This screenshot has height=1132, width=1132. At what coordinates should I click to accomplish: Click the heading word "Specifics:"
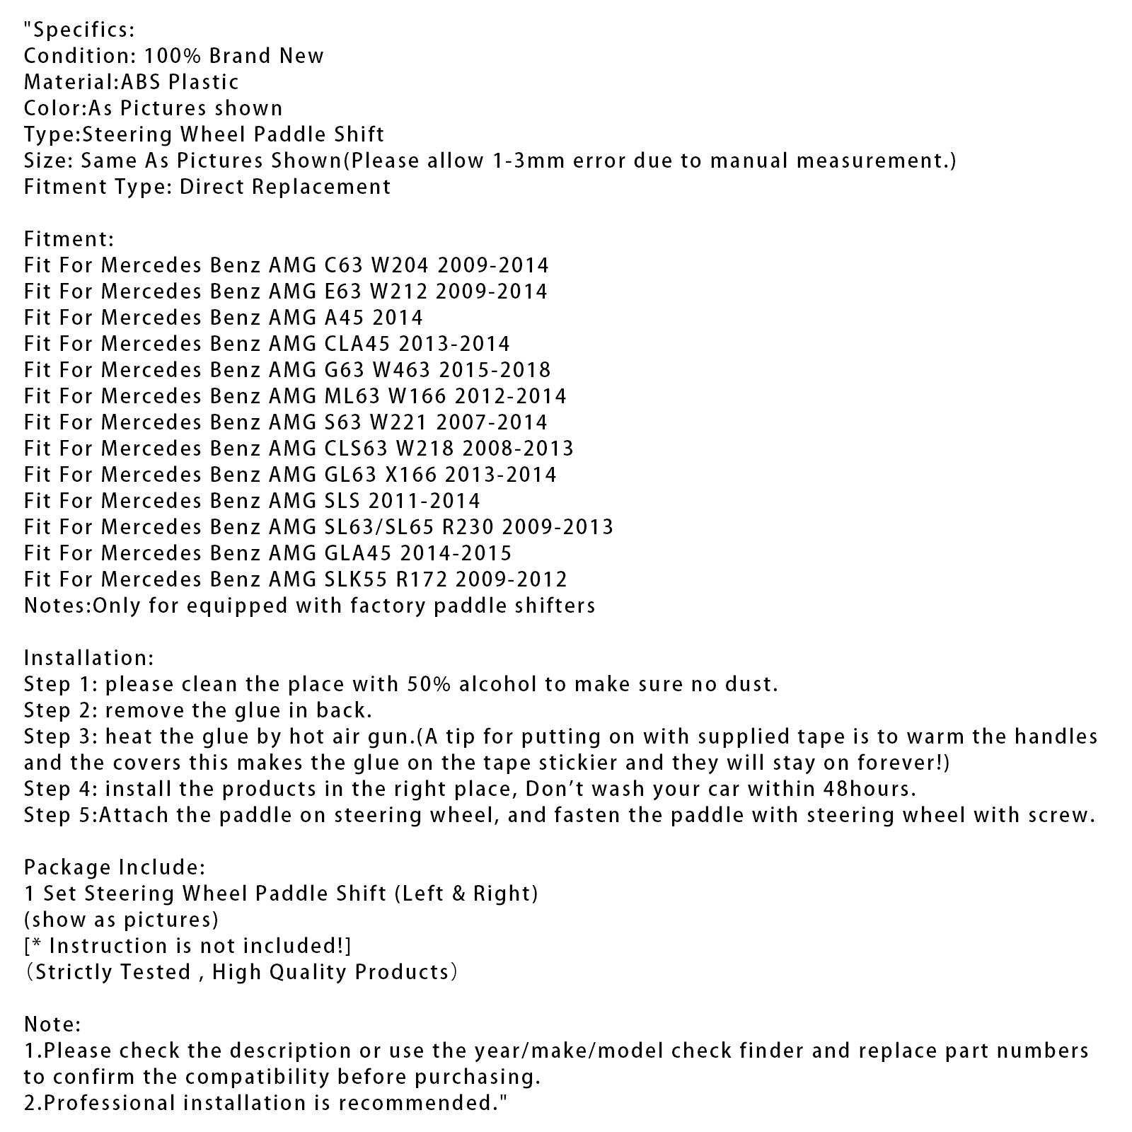pos(83,30)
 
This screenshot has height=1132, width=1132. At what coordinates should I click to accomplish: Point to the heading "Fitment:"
pos(69,239)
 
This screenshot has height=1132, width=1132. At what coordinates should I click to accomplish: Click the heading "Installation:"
pos(88,658)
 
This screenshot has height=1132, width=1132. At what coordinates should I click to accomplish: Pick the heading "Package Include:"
pos(115,867)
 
